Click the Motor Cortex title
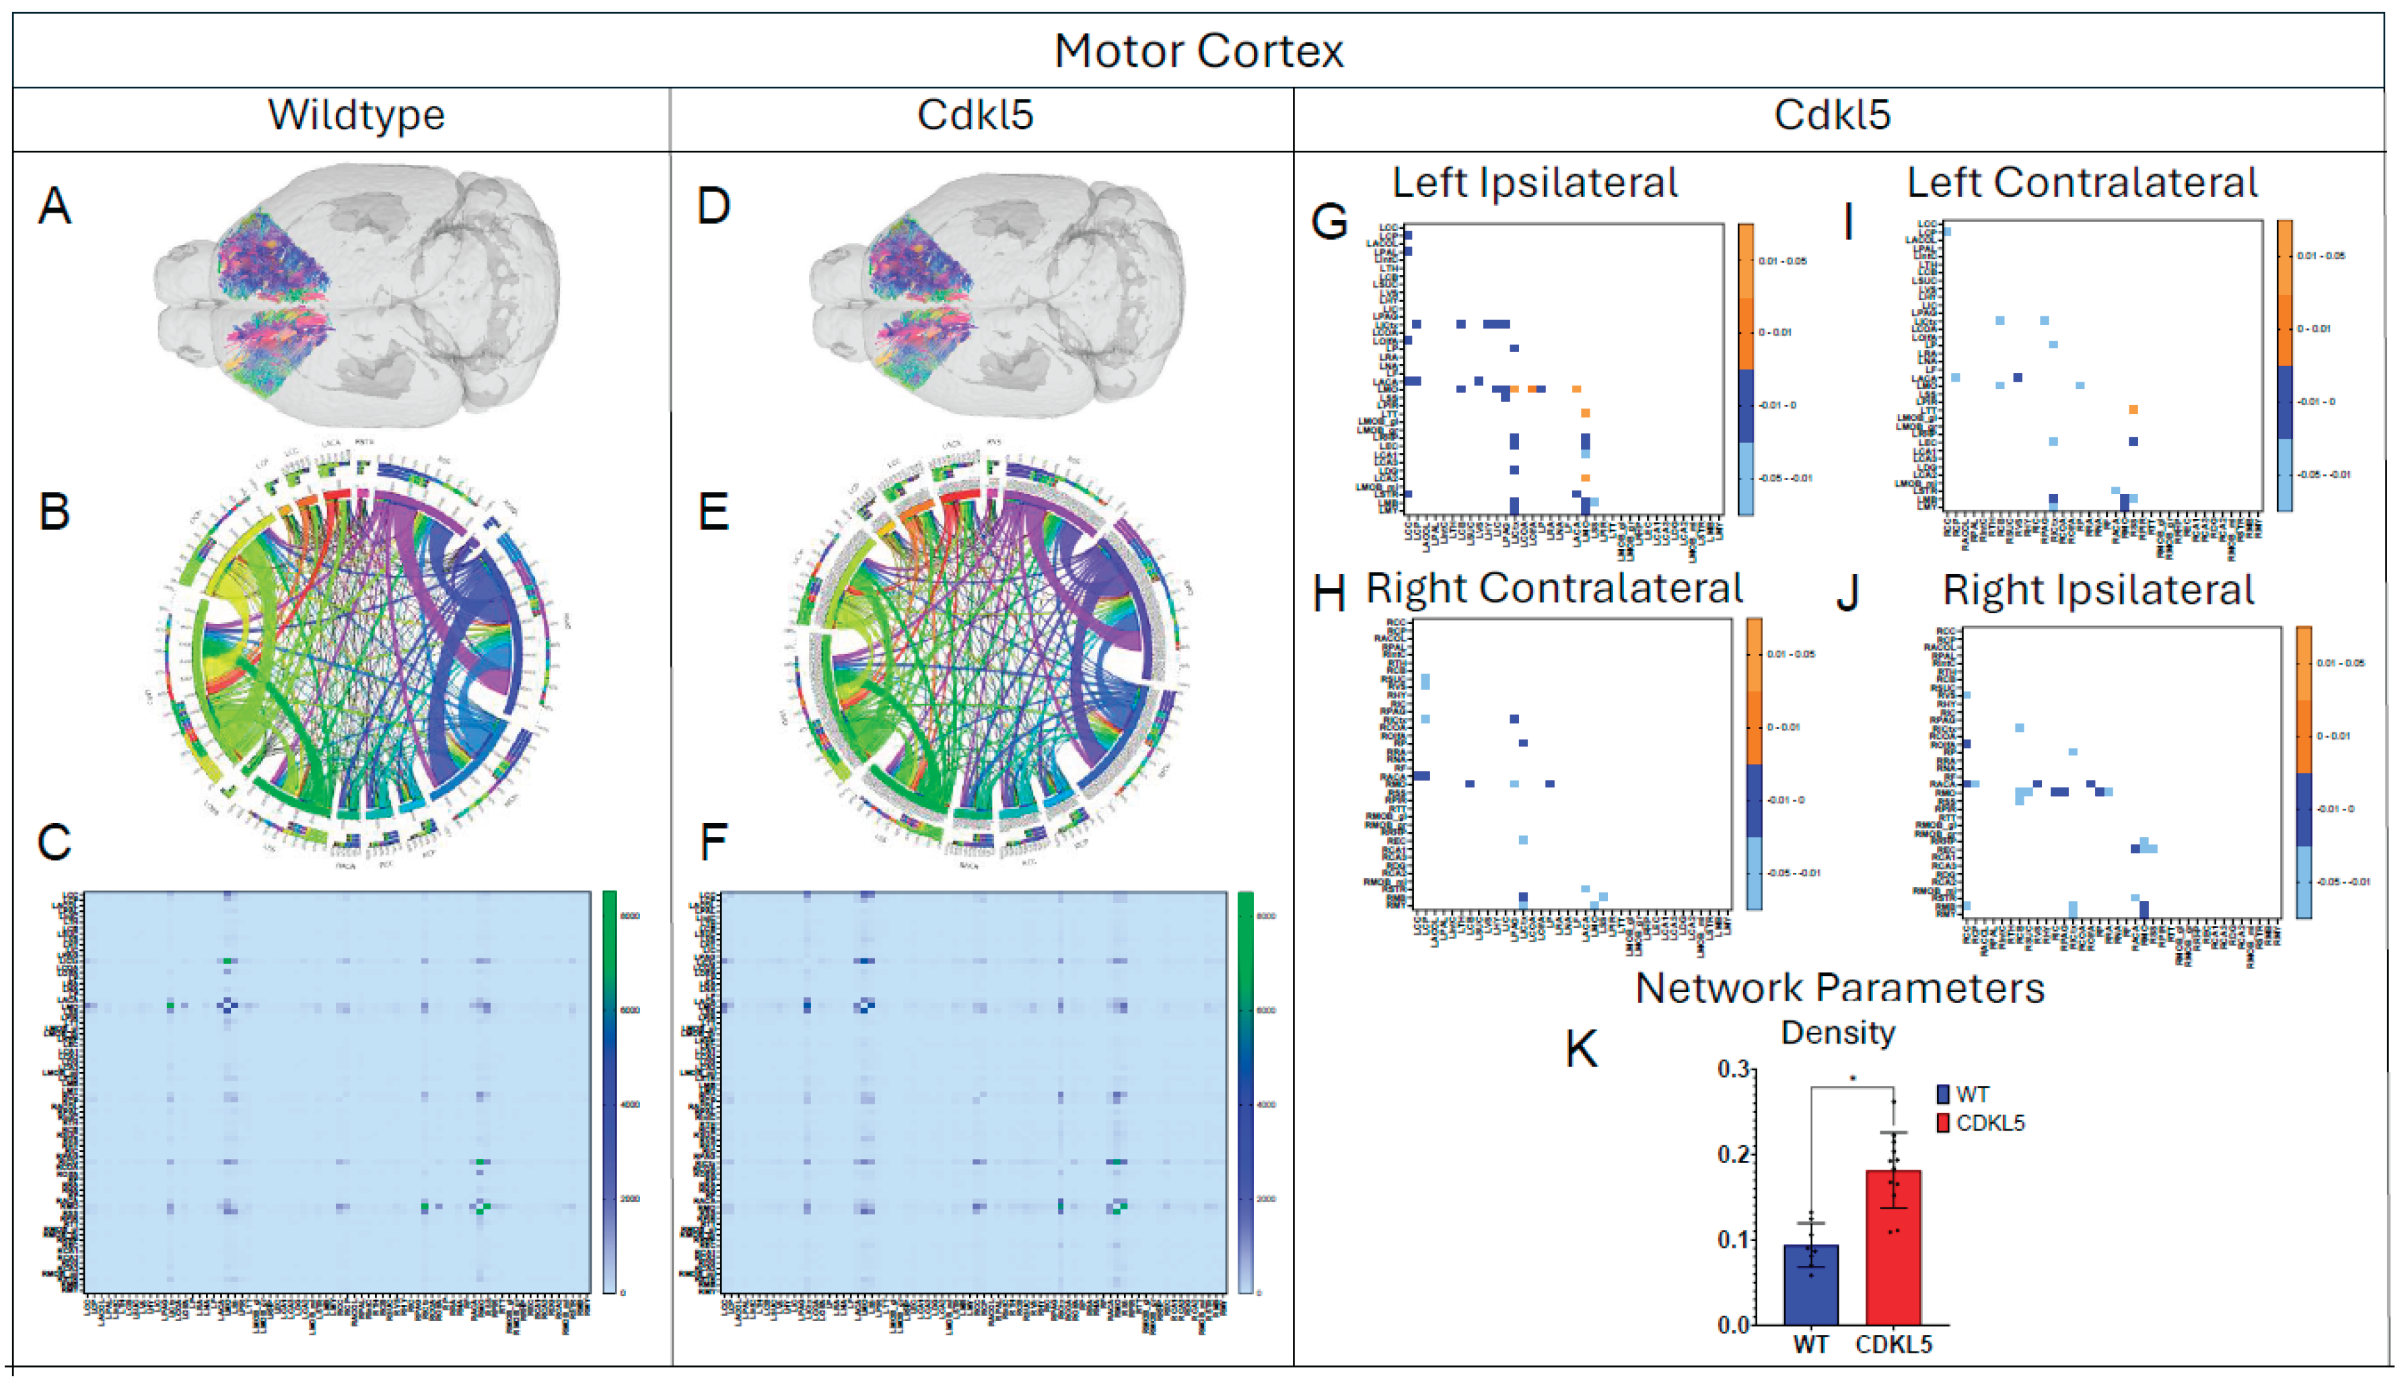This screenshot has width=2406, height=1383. [x=1199, y=51]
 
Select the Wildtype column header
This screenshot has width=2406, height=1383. [x=356, y=115]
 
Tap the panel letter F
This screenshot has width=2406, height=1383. [x=713, y=842]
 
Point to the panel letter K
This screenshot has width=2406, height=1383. [x=1582, y=1050]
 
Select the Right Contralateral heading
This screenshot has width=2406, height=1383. [x=1554, y=588]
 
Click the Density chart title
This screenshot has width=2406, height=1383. [x=1838, y=1032]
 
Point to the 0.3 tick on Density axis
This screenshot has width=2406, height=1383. [x=1734, y=1069]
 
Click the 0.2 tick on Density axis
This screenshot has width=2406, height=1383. [x=1734, y=1154]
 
